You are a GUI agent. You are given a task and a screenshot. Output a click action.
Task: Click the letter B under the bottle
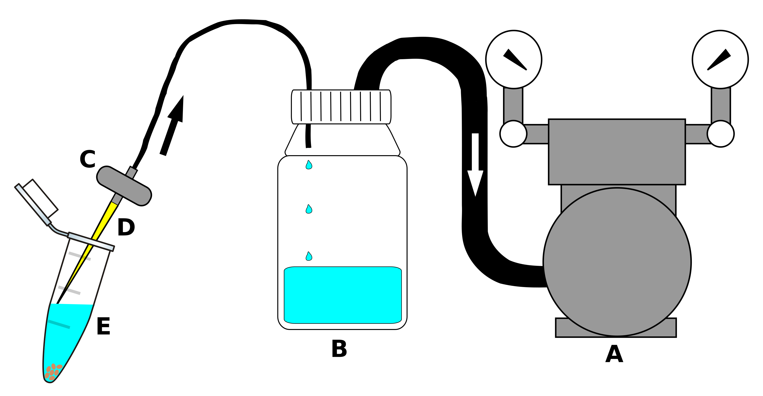339,349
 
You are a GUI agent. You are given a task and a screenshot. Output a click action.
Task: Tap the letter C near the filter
88,159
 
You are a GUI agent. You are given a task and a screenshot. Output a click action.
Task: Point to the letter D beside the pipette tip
126,227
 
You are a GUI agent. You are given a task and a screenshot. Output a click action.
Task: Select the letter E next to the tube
104,326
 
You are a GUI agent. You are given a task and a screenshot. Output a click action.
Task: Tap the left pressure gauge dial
514,59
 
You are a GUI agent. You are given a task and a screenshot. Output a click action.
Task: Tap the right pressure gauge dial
720,59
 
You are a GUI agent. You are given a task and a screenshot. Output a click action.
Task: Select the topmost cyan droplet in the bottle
309,165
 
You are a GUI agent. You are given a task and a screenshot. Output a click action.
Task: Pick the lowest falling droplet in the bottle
309,256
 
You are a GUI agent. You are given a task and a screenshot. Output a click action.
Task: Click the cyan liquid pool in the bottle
342,295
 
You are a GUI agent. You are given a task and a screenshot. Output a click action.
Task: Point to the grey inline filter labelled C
124,186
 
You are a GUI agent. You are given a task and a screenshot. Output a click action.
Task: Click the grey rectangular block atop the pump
617,152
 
